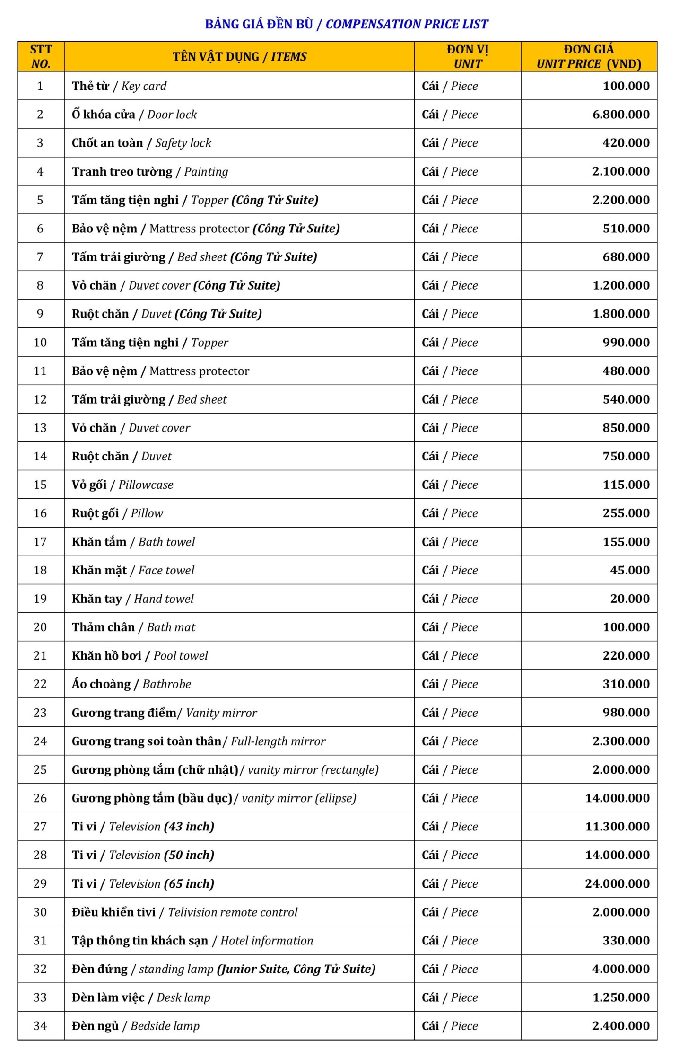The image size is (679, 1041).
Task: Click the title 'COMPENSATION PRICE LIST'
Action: pos(407,24)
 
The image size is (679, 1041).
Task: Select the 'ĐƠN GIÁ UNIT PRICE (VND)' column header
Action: pos(589,57)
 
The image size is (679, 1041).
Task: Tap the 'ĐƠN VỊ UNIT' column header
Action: pos(468,57)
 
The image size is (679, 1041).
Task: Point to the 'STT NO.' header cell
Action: pos(41,57)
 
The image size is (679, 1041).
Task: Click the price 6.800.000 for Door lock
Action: pos(621,115)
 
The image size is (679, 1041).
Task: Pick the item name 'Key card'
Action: pos(144,86)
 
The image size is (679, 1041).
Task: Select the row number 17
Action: pos(40,542)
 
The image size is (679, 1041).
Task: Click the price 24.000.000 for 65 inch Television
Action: pos(617,883)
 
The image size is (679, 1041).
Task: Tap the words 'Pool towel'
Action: pos(181,655)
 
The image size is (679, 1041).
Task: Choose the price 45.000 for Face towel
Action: pos(629,570)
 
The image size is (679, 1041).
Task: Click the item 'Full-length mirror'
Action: pos(278,741)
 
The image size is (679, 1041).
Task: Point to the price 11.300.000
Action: pos(617,826)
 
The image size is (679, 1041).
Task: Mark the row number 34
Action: pos(40,1025)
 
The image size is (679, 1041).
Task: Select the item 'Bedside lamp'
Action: pos(165,1025)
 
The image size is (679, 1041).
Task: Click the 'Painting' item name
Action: pos(206,171)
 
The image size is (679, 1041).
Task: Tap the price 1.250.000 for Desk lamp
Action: pos(621,997)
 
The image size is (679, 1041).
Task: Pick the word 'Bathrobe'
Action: pos(167,684)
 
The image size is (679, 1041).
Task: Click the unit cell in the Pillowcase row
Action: pos(450,485)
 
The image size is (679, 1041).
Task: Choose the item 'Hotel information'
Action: pos(267,940)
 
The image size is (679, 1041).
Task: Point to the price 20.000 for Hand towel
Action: pos(629,599)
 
